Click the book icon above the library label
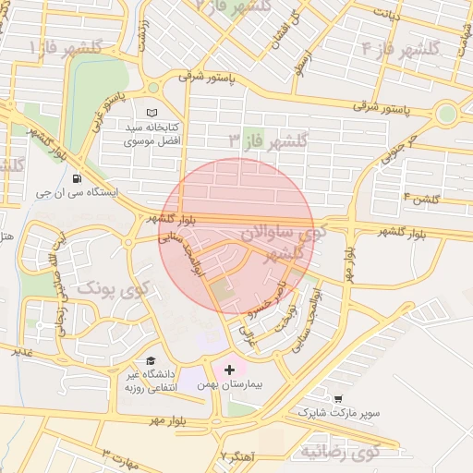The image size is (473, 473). point(152,112)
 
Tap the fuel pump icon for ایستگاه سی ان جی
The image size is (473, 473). point(75,179)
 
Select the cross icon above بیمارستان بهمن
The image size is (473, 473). point(229,369)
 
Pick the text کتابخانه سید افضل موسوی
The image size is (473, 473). point(156,134)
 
